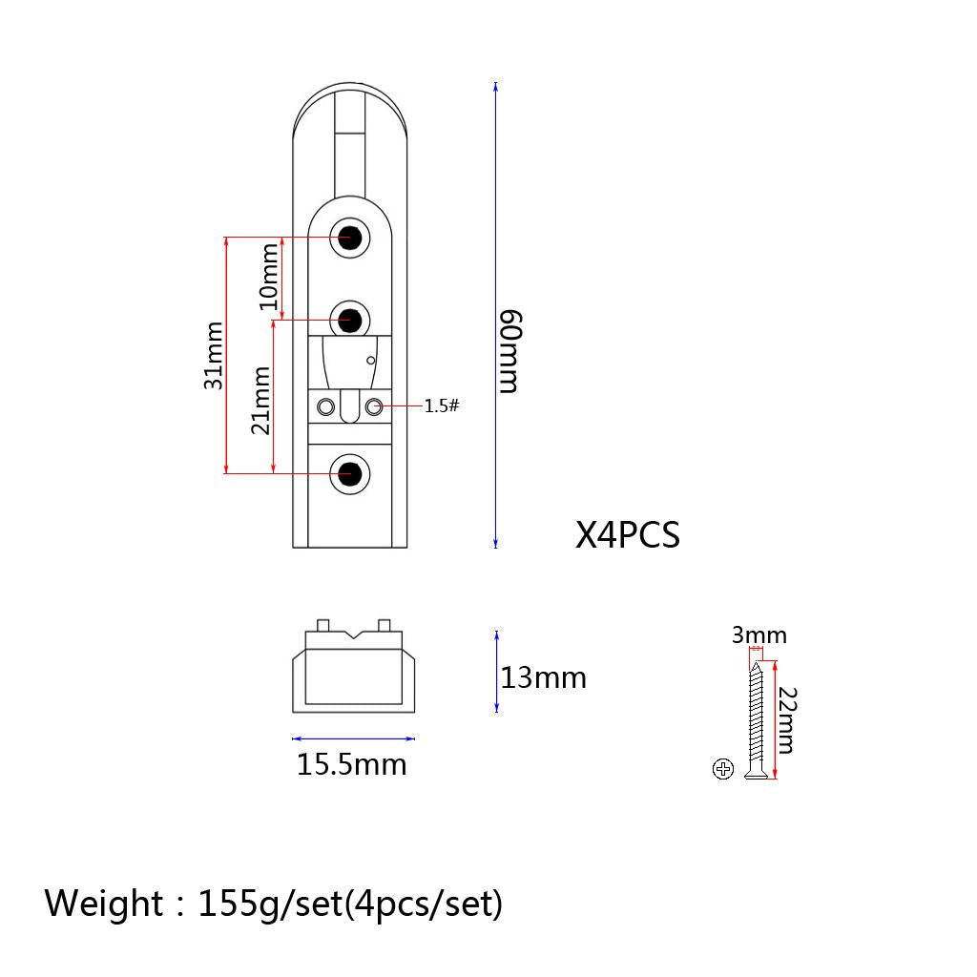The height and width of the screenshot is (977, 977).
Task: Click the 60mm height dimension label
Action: pyautogui.click(x=510, y=351)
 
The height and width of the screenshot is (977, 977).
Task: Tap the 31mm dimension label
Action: pyautogui.click(x=213, y=355)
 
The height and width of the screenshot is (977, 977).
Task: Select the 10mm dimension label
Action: pyautogui.click(x=269, y=277)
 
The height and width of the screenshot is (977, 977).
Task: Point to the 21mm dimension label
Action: pyautogui.click(x=260, y=400)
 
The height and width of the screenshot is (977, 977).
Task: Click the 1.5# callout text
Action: pyautogui.click(x=441, y=405)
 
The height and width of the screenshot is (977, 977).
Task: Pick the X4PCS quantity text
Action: pyautogui.click(x=628, y=534)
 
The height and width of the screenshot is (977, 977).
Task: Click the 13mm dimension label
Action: pyautogui.click(x=543, y=677)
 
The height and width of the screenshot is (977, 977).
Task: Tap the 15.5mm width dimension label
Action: pyautogui.click(x=351, y=764)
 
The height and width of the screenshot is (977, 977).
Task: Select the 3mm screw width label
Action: pyautogui.click(x=759, y=634)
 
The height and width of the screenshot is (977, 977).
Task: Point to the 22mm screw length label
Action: pyautogui.click(x=787, y=720)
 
